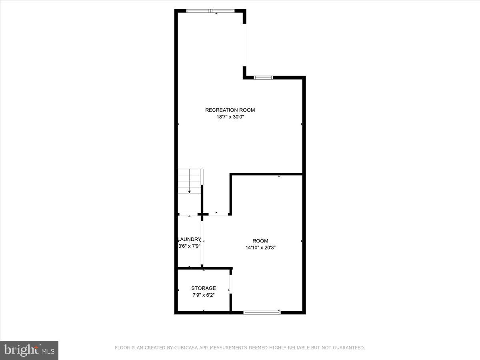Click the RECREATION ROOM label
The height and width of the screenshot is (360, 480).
coord(230,110)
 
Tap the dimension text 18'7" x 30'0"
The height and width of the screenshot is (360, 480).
coord(230,117)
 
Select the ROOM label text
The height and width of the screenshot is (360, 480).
coord(260,241)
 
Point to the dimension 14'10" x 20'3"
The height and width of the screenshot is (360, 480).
coord(260,248)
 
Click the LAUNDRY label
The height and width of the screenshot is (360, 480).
coord(189,239)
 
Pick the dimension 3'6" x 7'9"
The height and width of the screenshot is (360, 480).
coord(189,246)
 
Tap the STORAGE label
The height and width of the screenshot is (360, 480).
coord(204,288)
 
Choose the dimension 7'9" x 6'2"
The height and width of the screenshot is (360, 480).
coord(204,295)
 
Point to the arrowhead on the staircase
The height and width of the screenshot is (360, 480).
coord(190,192)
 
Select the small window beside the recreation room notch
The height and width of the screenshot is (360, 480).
coord(263,77)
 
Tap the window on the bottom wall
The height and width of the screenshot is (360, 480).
coord(262,312)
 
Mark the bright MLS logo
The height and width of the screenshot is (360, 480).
coord(29,350)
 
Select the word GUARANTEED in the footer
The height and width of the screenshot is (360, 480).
coord(350,348)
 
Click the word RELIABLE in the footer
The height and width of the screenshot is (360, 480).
coord(290,348)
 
